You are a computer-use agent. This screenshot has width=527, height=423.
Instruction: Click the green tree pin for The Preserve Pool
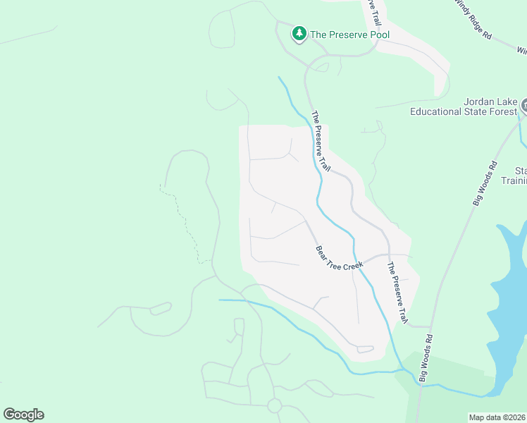299,33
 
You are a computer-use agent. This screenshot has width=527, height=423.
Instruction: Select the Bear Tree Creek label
339,257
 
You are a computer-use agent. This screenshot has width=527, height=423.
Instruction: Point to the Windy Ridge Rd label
473,19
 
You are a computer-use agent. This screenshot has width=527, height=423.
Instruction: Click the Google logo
23,415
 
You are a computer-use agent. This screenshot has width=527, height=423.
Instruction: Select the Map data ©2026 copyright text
496,417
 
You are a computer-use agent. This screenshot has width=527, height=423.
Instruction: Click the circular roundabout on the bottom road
274,405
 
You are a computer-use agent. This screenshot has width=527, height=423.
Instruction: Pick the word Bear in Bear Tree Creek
321,252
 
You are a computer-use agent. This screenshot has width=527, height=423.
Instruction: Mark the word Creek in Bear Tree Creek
354,264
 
